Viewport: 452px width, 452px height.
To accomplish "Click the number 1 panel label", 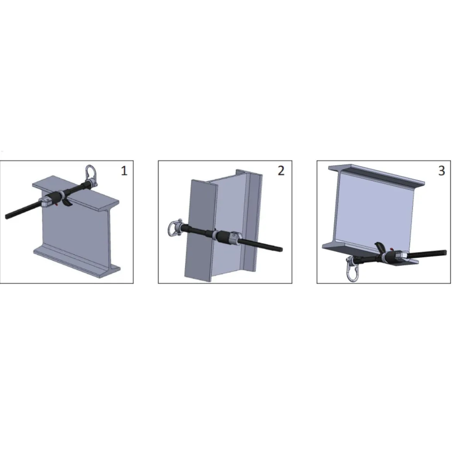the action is click(124, 171).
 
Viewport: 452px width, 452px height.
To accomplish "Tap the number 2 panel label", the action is click(281, 171).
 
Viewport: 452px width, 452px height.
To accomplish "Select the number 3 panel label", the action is click(441, 171).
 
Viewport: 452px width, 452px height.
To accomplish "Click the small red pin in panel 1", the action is click(57, 204).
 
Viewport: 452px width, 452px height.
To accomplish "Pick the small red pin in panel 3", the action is click(391, 249).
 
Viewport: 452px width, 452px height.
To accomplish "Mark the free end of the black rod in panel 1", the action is click(7, 216).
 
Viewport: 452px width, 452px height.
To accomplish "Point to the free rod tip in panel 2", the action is click(281, 250).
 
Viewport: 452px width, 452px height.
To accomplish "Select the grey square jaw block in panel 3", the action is click(401, 256).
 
